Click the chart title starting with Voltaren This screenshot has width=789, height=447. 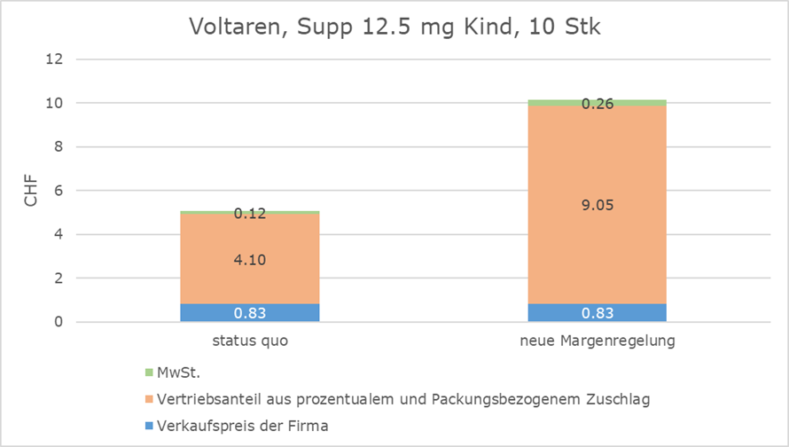[x=394, y=27]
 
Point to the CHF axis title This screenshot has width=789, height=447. [x=31, y=191]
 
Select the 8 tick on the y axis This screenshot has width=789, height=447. [x=58, y=147]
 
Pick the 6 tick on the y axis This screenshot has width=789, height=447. [x=58, y=191]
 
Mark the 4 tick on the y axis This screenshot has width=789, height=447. [x=58, y=235]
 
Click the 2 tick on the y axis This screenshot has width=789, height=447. [x=58, y=278]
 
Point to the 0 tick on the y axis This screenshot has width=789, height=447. [x=58, y=322]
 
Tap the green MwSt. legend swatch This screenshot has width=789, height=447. [x=148, y=372]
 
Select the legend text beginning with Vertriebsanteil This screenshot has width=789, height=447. [x=402, y=399]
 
